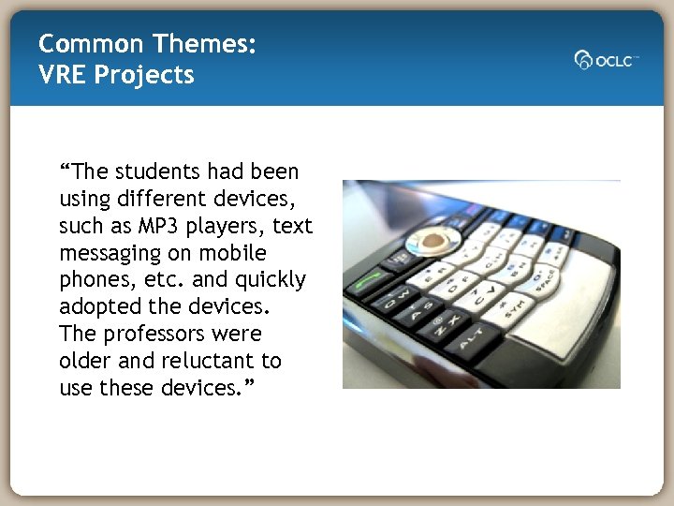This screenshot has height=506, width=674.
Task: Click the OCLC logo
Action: click(606, 59)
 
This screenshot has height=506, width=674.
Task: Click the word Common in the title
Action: click(89, 43)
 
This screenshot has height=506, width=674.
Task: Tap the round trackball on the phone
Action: click(432, 240)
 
